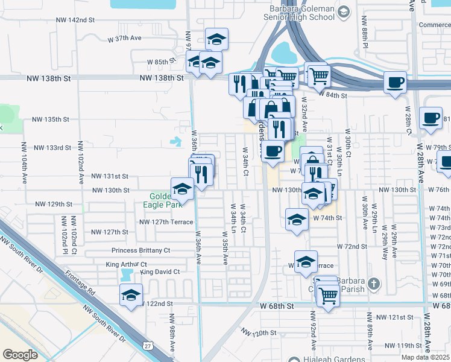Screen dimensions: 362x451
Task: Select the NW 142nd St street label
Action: (x=74, y=20)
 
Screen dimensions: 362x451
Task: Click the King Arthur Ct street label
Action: (x=126, y=264)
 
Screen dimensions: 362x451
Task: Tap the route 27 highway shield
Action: (x=148, y=346)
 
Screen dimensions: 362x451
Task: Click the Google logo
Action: (x=20, y=354)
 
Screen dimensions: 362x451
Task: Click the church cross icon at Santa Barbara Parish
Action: (x=373, y=283)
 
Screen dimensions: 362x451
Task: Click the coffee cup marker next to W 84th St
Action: (x=394, y=82)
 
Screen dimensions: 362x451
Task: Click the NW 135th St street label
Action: (x=51, y=119)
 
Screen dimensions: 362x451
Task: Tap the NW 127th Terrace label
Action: (x=166, y=221)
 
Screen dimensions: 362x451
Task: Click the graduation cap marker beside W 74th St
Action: (x=297, y=220)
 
